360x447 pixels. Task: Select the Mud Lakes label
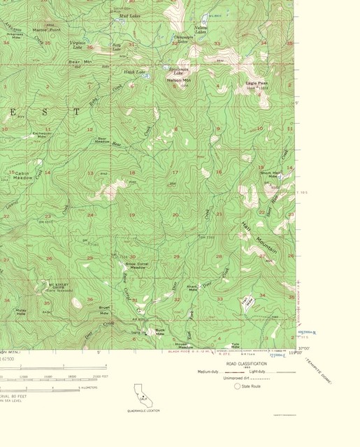[129, 15]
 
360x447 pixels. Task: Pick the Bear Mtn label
[75, 62]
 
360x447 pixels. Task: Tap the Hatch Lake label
[135, 72]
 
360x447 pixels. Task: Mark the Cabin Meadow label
[23, 175]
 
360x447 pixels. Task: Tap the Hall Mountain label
[260, 239]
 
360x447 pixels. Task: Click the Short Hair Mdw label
[270, 174]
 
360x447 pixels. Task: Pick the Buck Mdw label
[159, 331]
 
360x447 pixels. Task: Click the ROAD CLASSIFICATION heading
[245, 364]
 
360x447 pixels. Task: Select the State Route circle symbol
[237, 386]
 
